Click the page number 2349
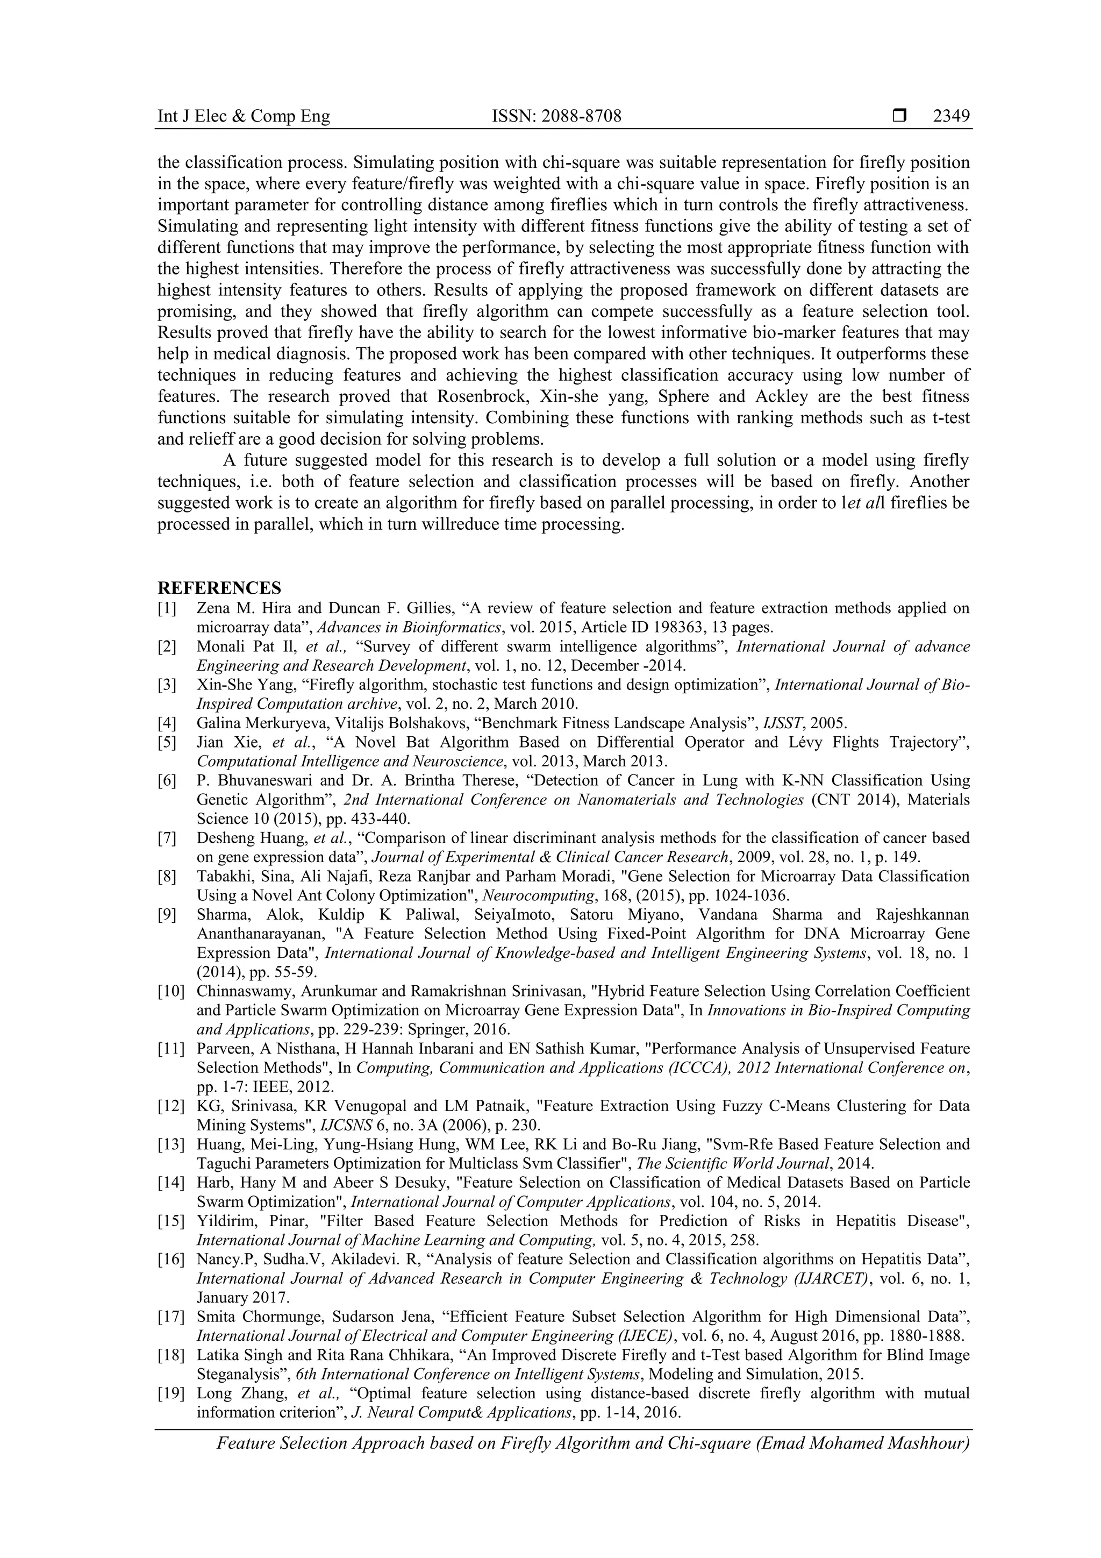pyautogui.click(x=950, y=117)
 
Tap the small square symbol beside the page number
pyautogui.click(x=899, y=117)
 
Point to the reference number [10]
pyautogui.click(x=170, y=991)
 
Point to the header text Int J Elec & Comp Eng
pyautogui.click(x=244, y=117)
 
